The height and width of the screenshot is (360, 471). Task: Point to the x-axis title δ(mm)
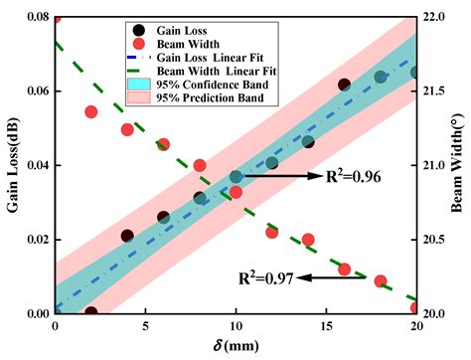click(235, 347)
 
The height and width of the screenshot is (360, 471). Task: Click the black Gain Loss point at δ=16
click(344, 86)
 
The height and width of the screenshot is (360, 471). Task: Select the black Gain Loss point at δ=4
click(127, 236)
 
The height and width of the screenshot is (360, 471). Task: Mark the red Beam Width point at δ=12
click(271, 232)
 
